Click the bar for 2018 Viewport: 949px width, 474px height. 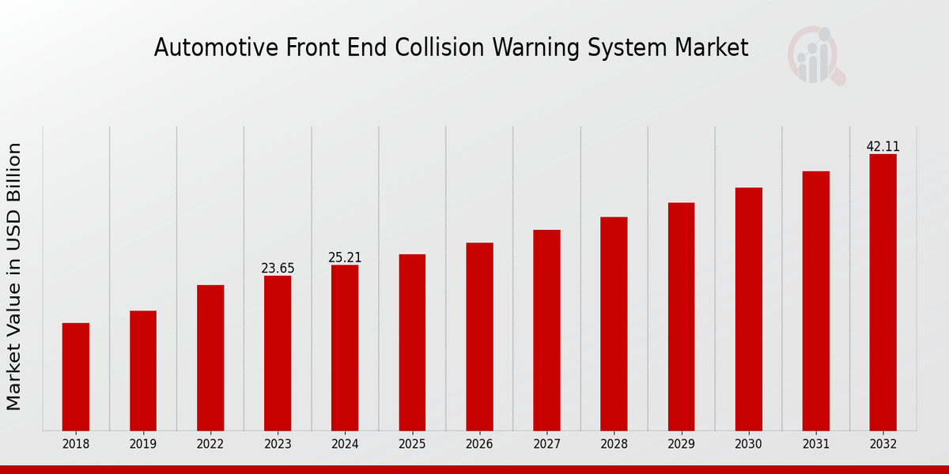tap(76, 377)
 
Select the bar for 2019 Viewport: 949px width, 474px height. tap(143, 371)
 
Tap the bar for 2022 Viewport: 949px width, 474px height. tap(210, 358)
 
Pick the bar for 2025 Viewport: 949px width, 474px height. tap(412, 342)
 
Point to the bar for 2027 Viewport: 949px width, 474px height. tap(546, 330)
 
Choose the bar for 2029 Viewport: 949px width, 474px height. tap(681, 317)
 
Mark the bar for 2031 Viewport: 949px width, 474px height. tap(815, 301)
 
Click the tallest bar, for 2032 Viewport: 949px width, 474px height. tap(883, 292)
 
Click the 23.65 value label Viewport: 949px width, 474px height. tap(278, 269)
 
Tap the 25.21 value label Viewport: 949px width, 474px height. tap(345, 258)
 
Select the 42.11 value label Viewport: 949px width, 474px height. tap(883, 147)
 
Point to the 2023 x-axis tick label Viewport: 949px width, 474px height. tap(278, 445)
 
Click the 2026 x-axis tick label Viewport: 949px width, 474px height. tap(479, 445)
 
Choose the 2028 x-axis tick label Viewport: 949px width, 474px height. tap(614, 445)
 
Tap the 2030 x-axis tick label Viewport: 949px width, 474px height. tap(748, 445)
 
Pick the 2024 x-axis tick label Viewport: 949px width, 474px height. tap(345, 445)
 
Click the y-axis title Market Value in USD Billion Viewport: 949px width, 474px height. tap(14, 276)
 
